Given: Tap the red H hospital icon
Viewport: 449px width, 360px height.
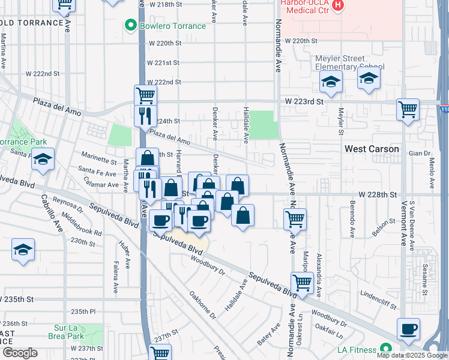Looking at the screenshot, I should click(338, 5).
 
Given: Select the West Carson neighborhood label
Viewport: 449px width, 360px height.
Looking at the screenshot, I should click(371, 149).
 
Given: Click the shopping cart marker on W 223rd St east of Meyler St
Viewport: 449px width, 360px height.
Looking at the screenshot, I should click(408, 110).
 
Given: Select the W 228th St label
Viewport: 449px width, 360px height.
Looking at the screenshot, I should click(378, 195).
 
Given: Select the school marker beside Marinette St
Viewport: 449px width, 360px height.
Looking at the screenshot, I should click(43, 160).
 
